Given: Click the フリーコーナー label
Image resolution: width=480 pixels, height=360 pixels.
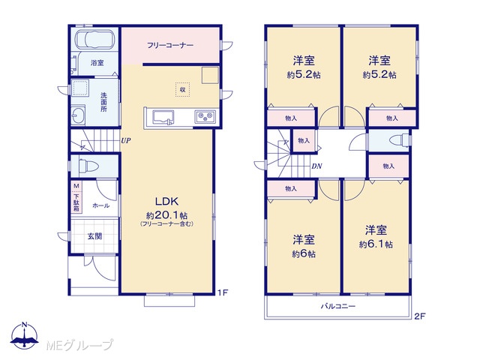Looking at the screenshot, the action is pyautogui.click(x=170, y=46).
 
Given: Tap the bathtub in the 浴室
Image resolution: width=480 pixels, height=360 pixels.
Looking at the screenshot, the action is pyautogui.click(x=95, y=39).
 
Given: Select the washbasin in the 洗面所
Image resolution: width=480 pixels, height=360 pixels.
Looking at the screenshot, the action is pyautogui.click(x=78, y=115).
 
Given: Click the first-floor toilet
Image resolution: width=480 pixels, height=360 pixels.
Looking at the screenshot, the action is pyautogui.click(x=88, y=166).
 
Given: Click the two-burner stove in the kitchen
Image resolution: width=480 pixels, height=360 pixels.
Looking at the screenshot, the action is pyautogui.click(x=205, y=116).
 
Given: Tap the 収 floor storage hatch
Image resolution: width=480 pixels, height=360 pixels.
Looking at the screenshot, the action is pyautogui.click(x=182, y=90).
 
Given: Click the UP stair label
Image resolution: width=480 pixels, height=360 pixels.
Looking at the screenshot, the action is pyautogui.click(x=126, y=141).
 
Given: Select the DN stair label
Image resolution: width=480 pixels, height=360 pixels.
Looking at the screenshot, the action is pyautogui.click(x=316, y=166).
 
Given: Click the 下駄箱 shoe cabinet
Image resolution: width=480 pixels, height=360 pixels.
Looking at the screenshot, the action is pyautogui.click(x=76, y=197).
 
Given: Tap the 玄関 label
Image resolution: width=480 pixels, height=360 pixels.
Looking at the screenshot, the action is pyautogui.click(x=94, y=236).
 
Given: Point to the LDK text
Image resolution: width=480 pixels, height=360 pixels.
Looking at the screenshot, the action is pyautogui.click(x=166, y=201).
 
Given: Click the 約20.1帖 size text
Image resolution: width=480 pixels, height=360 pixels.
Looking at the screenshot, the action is pyautogui.click(x=167, y=215).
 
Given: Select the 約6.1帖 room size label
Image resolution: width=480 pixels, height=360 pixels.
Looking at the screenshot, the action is pyautogui.click(x=376, y=244).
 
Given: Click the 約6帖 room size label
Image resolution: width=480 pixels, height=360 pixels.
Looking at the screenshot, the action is pyautogui.click(x=304, y=254).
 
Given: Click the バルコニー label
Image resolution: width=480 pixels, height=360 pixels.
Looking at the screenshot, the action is pyautogui.click(x=338, y=306).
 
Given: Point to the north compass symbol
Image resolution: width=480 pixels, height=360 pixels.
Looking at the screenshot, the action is pyautogui.click(x=25, y=335).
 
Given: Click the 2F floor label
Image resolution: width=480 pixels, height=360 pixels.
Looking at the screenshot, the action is pyautogui.click(x=420, y=316).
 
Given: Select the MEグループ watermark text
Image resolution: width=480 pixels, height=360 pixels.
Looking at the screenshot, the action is pyautogui.click(x=79, y=345).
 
